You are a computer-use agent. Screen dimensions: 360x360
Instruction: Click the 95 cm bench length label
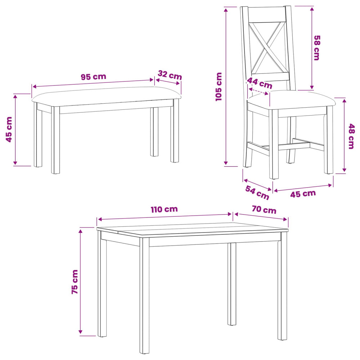coord(94,77)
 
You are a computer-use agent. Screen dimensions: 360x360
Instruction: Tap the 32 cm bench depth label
coord(170,75)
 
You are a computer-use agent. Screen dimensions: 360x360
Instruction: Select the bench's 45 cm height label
coord(9,130)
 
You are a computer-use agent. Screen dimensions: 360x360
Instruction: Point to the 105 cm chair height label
coord(219,86)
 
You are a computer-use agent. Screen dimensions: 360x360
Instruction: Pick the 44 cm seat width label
coord(260,83)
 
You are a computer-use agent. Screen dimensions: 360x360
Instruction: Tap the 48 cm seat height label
coord(351,136)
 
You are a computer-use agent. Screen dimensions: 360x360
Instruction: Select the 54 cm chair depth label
coord(257,193)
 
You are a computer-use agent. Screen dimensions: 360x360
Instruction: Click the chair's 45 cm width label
coord(303,194)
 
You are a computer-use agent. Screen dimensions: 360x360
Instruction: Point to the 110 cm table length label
coord(164,210)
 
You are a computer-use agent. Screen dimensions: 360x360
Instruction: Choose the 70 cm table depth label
coord(264,210)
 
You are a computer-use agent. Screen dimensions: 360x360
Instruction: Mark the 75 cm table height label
coord(75,282)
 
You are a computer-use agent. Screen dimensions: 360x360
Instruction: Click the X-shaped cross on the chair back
coord(268,48)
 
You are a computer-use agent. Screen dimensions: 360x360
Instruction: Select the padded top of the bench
coord(106,96)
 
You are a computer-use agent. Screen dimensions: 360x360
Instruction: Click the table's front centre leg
coord(144,296)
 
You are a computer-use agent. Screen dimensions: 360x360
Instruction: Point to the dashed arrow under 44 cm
coord(258,91)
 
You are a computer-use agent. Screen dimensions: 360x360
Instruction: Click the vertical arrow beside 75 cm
coord(80,281)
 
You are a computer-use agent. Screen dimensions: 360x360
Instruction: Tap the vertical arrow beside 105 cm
coord(226,86)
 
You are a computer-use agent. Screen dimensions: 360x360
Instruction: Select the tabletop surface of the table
coord(192,229)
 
